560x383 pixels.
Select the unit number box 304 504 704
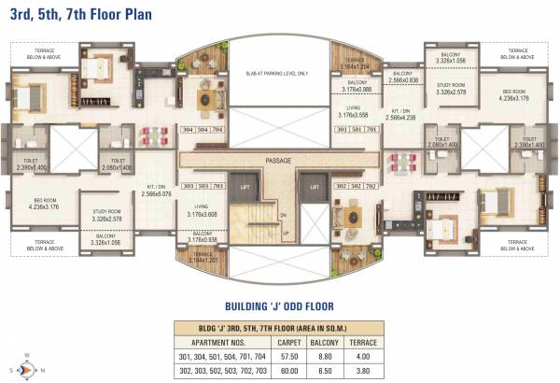(203, 131)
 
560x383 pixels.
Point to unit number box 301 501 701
(354, 131)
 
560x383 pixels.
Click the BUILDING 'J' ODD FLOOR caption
(280, 305)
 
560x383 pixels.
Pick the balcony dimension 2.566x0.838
(403, 81)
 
